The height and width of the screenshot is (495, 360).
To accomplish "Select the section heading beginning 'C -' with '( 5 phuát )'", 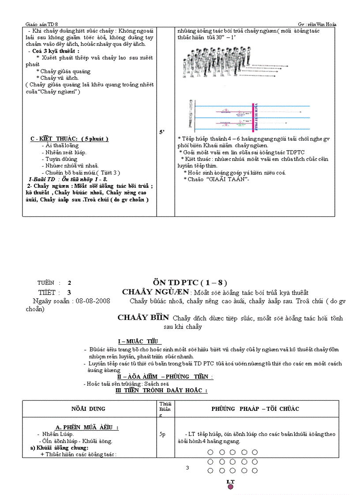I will pos(69,139).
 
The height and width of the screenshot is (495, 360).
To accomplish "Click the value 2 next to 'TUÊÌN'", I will pos(69,283).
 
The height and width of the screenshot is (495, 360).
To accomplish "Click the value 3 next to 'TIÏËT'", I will pos(69,292).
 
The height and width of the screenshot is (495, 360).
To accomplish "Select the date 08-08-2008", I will pos(93,301).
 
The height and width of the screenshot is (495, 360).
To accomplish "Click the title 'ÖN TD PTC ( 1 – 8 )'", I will pos(190,283).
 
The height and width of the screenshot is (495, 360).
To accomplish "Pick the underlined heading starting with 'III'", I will pos(161,391).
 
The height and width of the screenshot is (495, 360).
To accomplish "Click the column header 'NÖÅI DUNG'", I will pos(88,409).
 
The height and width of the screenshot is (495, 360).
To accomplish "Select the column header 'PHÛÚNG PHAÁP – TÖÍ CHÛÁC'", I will pos(255,409).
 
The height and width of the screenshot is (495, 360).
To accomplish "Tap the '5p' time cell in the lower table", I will pos(162,434).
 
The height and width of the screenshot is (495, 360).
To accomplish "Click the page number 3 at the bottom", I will pos(187,468).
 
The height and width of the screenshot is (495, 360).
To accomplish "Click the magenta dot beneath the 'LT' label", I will pos(230,487).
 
